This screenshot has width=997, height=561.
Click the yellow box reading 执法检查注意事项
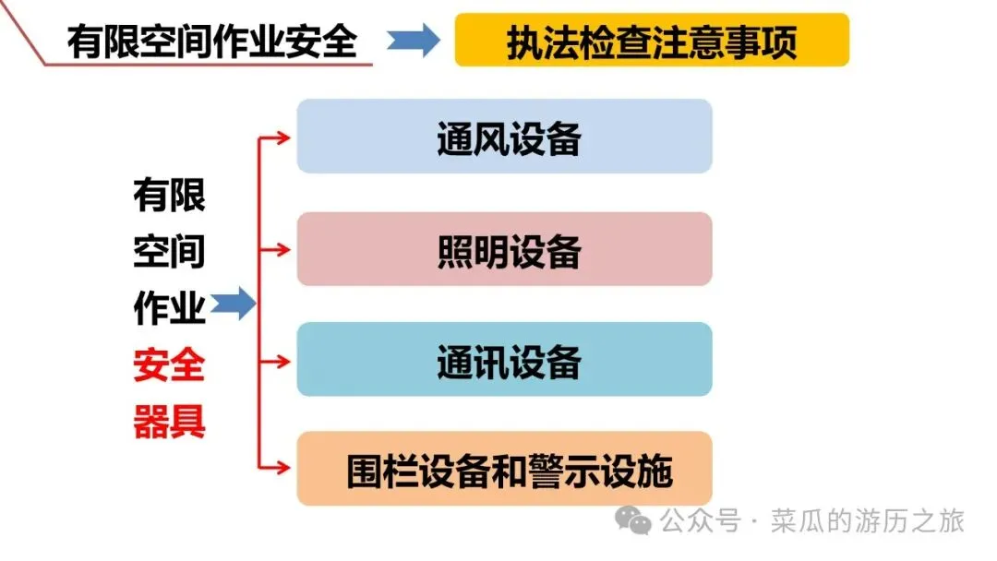coord(652,40)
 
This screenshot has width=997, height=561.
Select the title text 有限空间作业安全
coord(211,41)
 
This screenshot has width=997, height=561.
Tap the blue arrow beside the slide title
coord(412,41)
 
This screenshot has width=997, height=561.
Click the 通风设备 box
coord(504,137)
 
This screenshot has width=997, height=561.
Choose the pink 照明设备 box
coord(504,249)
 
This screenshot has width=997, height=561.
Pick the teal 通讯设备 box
coord(504,360)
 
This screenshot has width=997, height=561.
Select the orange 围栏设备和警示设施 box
coord(504,469)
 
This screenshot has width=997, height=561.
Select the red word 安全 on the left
coord(169,367)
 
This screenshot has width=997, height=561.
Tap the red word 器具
coord(169,423)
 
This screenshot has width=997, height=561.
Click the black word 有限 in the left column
coord(169,196)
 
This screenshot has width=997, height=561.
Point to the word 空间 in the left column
coord(169,251)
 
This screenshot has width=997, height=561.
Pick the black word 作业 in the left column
coord(169,309)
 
